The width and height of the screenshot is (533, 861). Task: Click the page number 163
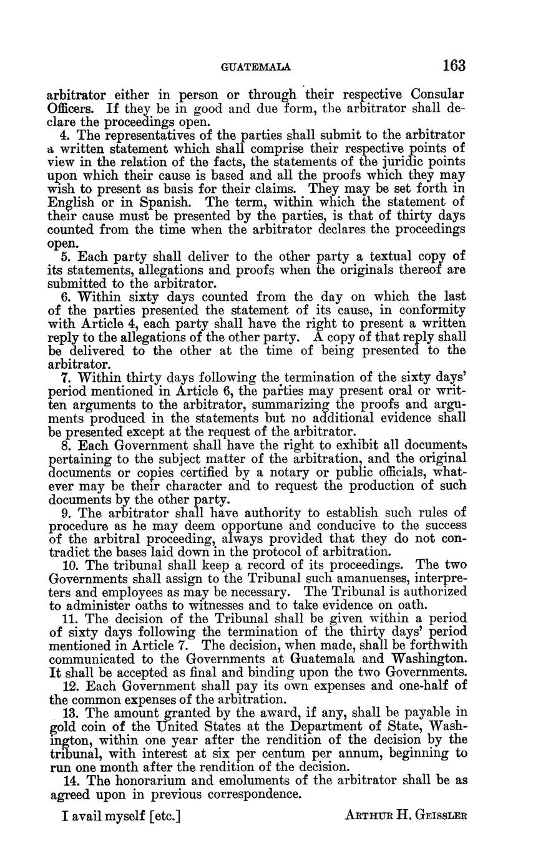[x=454, y=66]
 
